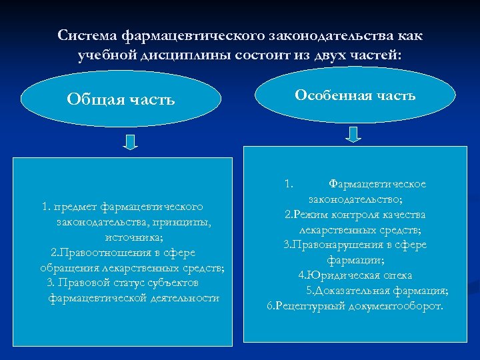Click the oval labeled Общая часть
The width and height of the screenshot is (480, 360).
(x=121, y=100)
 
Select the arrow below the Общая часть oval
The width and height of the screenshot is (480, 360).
(x=131, y=142)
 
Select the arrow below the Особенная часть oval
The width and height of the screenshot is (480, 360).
(x=354, y=134)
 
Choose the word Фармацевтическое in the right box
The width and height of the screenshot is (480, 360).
(x=377, y=184)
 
